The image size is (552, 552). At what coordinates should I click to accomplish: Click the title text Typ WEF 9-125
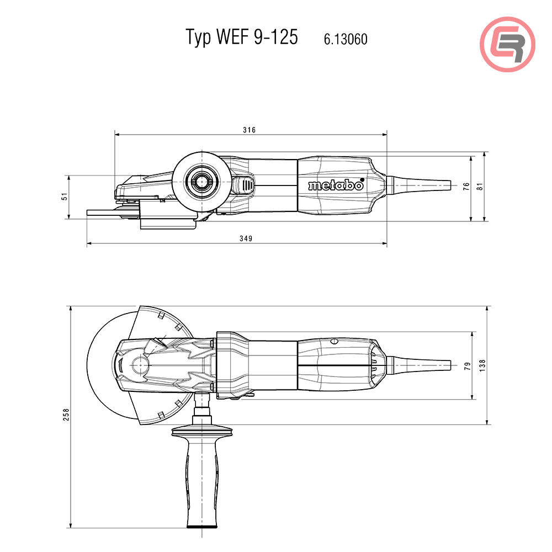(x=241, y=37)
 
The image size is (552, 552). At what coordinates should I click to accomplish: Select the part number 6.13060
(x=346, y=39)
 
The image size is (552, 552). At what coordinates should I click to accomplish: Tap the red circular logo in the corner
(x=507, y=44)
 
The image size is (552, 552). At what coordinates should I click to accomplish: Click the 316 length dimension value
(x=250, y=130)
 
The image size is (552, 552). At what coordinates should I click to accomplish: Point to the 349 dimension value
(x=246, y=238)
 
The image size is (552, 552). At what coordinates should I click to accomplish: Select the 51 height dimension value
(x=65, y=197)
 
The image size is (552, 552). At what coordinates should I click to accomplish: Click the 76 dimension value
(x=466, y=187)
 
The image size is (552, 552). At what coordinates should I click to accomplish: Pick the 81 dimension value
(x=480, y=187)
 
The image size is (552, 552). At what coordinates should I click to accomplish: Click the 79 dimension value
(x=468, y=365)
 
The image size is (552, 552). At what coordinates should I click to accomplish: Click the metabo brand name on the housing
(x=336, y=185)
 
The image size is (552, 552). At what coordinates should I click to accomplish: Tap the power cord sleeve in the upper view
(x=422, y=185)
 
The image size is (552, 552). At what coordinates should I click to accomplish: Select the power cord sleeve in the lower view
(x=422, y=365)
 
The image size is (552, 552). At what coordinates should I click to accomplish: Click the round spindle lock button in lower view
(x=139, y=365)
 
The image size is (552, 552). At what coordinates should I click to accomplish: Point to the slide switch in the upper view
(x=243, y=185)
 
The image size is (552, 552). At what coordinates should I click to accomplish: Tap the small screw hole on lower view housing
(x=333, y=342)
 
